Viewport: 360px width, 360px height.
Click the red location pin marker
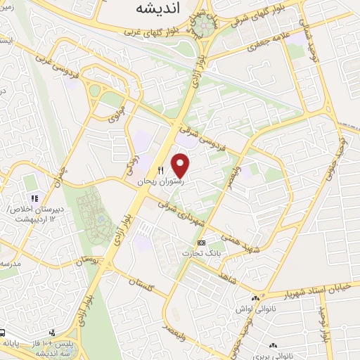pos(181,165)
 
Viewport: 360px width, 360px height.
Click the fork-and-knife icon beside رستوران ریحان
pos(160,170)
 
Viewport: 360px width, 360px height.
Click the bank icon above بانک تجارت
pos(202,243)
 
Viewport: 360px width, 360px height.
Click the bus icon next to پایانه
pos(4,333)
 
